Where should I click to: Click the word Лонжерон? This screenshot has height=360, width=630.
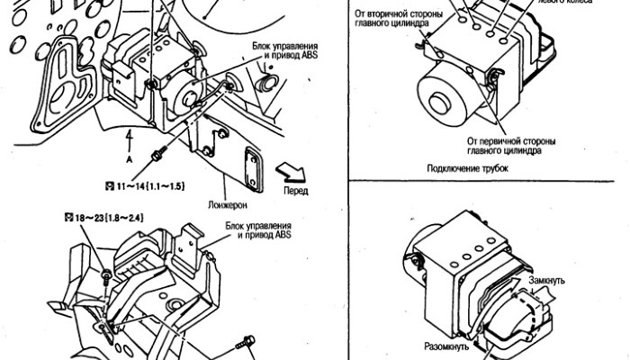pyautogui.click(x=231, y=203)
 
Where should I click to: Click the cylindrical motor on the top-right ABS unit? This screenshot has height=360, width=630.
pyautogui.click(x=445, y=94)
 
